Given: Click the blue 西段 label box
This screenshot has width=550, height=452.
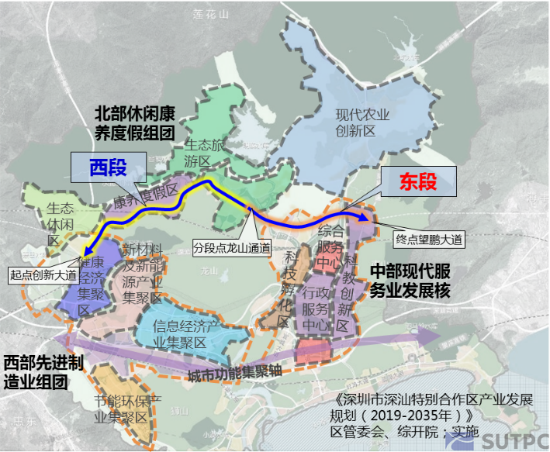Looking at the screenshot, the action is (108, 167).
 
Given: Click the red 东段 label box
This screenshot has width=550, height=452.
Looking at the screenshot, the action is (418, 182).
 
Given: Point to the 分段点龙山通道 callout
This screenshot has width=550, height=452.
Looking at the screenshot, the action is (233, 248).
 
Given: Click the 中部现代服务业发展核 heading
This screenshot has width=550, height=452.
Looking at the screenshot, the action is (409, 281).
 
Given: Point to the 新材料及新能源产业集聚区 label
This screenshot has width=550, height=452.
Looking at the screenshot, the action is (141, 273).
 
